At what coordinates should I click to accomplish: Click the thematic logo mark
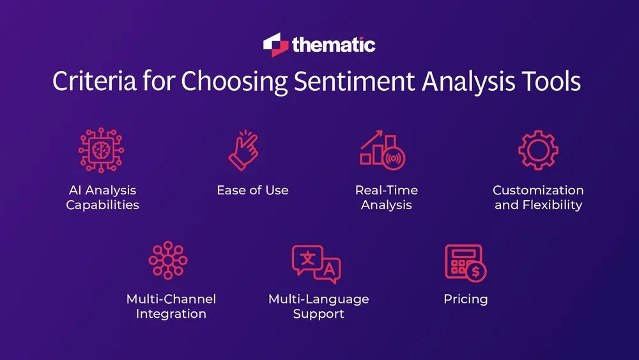[x=275, y=45]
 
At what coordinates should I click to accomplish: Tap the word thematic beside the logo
[x=334, y=45]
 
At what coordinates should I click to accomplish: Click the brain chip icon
[x=101, y=151]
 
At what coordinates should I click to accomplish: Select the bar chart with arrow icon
[x=383, y=151]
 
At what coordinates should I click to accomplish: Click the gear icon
[x=538, y=150]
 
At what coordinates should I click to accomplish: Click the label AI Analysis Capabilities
[x=102, y=198]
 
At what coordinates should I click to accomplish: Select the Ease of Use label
[x=252, y=190]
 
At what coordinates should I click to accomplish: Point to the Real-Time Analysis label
[x=386, y=198]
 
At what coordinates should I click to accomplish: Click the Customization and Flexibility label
[x=538, y=198]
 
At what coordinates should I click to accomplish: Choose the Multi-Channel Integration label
[x=171, y=306]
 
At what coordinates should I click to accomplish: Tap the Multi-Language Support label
[x=319, y=306]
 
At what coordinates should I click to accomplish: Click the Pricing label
[x=466, y=299]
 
